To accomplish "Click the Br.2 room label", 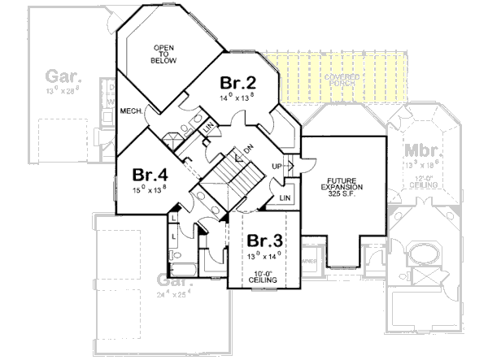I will tap(238, 83).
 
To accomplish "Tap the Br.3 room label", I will tap(264, 241).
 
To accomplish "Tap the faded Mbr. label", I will tap(419, 152).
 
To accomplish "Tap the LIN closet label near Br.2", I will tap(207, 127).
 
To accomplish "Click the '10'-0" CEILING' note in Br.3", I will tap(264, 276).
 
